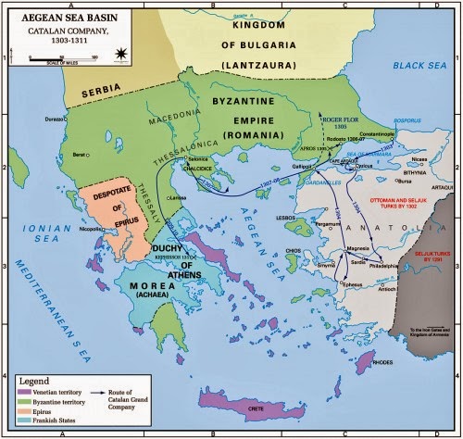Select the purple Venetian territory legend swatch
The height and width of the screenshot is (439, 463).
point(22,393)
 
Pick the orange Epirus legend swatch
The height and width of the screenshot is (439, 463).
point(22,418)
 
